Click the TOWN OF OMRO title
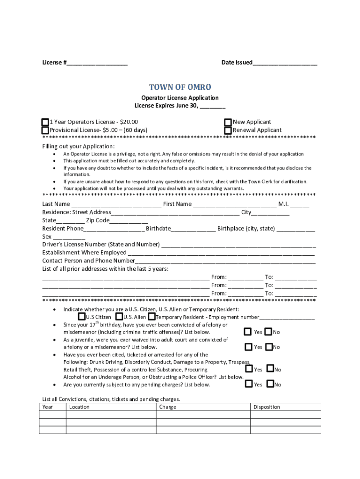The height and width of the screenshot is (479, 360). pyautogui.click(x=180, y=87)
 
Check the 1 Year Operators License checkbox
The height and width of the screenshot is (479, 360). pyautogui.click(x=45, y=122)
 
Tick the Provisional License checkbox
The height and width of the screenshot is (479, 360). pyautogui.click(x=45, y=130)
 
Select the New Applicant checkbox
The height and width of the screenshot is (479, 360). pyautogui.click(x=228, y=122)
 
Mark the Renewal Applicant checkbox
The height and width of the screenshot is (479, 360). pyautogui.click(x=228, y=130)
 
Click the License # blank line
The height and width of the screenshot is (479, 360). pyautogui.click(x=97, y=63)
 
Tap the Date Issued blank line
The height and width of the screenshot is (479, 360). pyautogui.click(x=285, y=63)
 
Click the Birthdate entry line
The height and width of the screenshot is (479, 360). pyautogui.click(x=193, y=229)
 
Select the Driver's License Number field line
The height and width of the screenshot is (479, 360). pyautogui.click(x=238, y=245)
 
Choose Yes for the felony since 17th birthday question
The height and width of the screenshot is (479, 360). pyautogui.click(x=248, y=332)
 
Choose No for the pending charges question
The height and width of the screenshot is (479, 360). pyautogui.click(x=270, y=384)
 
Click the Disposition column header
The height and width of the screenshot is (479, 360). pyautogui.click(x=266, y=407)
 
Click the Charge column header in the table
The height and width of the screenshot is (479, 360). pyautogui.click(x=168, y=407)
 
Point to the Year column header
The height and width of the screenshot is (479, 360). pyautogui.click(x=48, y=407)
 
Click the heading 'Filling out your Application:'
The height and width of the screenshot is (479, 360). pyautogui.click(x=78, y=146)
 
